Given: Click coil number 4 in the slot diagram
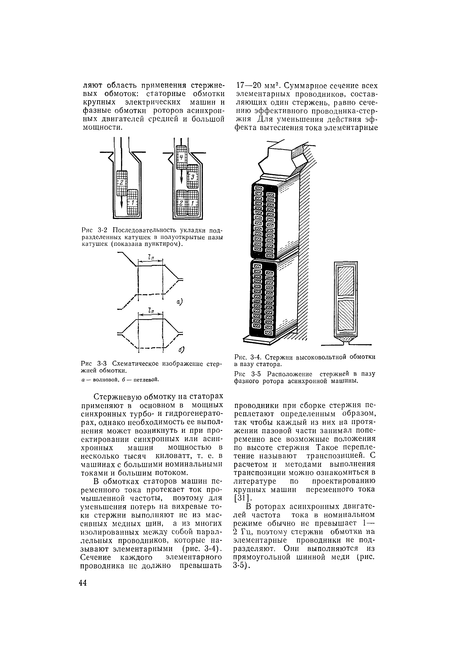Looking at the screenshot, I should (x=181, y=157).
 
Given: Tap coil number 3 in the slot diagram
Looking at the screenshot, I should (x=192, y=177).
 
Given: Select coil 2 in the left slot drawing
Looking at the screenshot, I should (x=122, y=183).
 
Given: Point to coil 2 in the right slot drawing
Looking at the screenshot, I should (x=181, y=203).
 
